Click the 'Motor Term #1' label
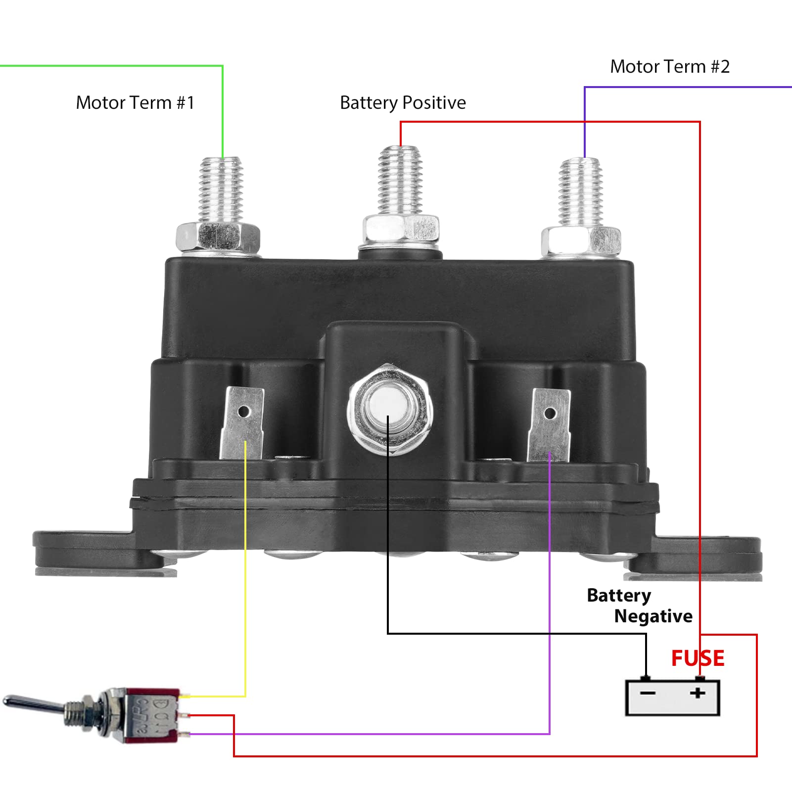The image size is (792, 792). (x=135, y=103)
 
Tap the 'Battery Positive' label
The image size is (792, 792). (x=403, y=103)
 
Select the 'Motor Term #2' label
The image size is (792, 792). (x=669, y=67)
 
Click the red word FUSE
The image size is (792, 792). (x=698, y=658)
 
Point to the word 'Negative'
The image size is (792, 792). (x=653, y=616)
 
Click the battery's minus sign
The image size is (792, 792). (x=648, y=693)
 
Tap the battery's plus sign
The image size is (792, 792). (x=698, y=693)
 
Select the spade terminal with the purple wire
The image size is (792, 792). (x=549, y=425)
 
